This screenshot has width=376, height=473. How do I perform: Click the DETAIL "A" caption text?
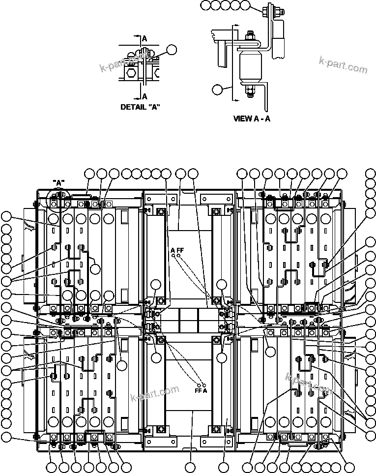coord(141,107)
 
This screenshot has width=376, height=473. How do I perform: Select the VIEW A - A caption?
coord(251,118)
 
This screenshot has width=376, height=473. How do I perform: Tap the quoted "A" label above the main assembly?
coord(58,183)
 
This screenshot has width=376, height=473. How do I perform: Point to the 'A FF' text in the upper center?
coord(177,250)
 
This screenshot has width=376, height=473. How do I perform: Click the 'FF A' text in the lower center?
coord(201,391)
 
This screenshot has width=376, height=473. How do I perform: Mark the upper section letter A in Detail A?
coord(144,38)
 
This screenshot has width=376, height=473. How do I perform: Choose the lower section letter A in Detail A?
coord(144,96)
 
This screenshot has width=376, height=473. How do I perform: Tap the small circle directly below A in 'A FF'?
coord(174,256)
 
